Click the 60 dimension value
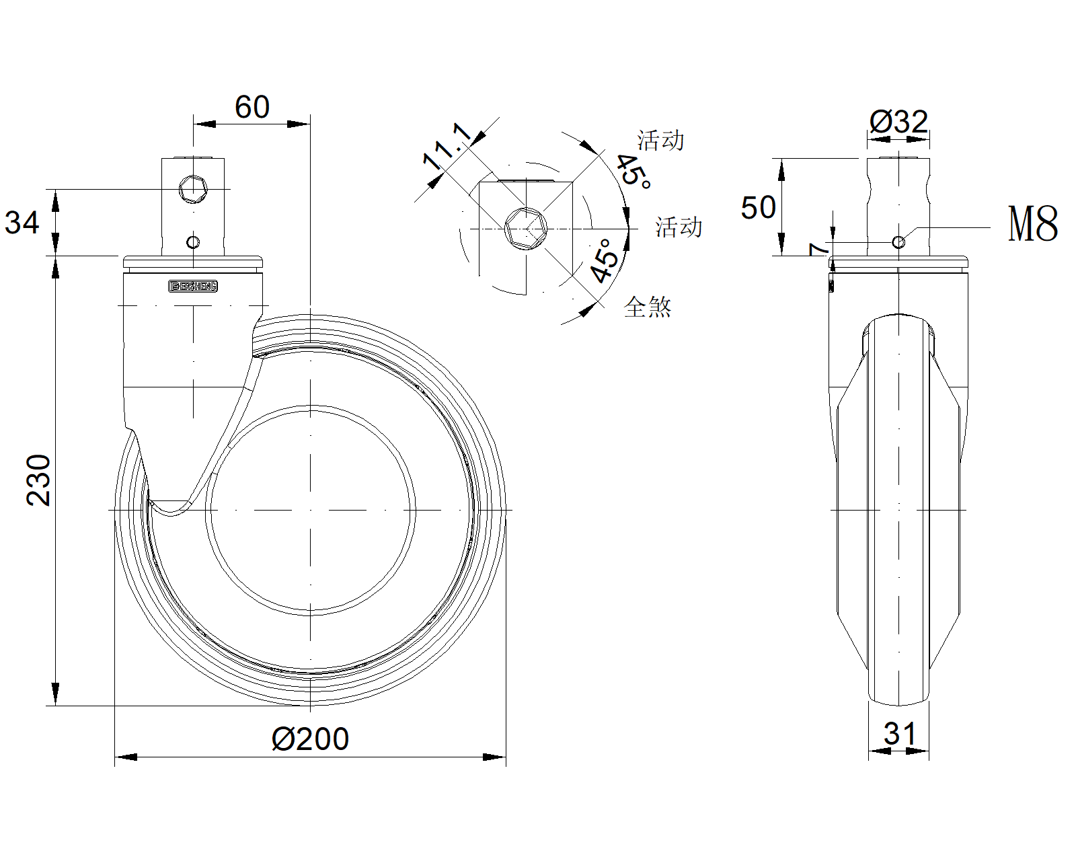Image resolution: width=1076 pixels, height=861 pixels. (x=252, y=108)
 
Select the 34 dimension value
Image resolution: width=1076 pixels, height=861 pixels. (x=22, y=223)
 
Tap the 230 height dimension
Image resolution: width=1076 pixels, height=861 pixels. (x=39, y=480)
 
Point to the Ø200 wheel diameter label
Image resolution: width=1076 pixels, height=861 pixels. (x=310, y=739)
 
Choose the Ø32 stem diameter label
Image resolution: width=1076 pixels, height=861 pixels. (x=898, y=122)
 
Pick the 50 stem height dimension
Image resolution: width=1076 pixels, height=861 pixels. (x=758, y=207)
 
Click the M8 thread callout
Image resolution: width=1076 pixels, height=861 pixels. (x=1033, y=224)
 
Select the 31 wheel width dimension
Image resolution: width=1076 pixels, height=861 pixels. (x=900, y=734)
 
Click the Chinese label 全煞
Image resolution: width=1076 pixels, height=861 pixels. (x=648, y=307)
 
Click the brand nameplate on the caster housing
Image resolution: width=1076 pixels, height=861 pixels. (x=193, y=287)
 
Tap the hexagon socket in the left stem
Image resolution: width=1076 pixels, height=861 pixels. (x=194, y=189)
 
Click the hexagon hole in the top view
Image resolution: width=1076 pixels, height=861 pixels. (x=525, y=229)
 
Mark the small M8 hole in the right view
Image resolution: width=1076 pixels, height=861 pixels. (x=898, y=242)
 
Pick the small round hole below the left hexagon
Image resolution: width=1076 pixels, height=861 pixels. (x=193, y=242)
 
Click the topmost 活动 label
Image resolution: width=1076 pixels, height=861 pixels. (x=660, y=141)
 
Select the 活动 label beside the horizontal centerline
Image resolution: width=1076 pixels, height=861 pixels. (x=679, y=227)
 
